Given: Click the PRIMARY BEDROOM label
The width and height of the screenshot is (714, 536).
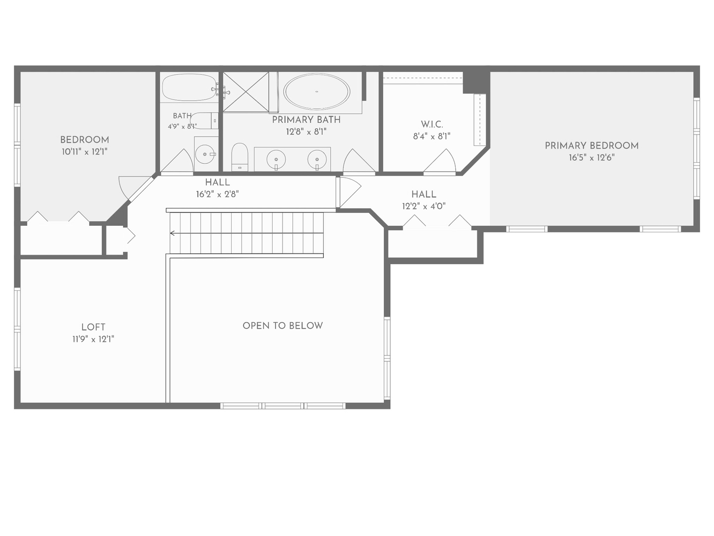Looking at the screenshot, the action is pyautogui.click(x=592, y=146).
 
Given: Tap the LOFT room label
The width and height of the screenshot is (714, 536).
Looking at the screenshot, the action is pyautogui.click(x=93, y=327).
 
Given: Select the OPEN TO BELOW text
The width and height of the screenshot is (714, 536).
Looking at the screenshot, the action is pyautogui.click(x=283, y=326).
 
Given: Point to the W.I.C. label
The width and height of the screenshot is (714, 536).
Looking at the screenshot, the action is pyautogui.click(x=432, y=124).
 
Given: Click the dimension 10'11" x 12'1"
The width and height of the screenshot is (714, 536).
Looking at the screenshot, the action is pyautogui.click(x=85, y=152).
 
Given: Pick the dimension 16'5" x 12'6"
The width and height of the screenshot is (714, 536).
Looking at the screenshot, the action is pyautogui.click(x=592, y=157).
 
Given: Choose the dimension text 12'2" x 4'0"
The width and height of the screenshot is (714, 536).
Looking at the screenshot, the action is pyautogui.click(x=424, y=206).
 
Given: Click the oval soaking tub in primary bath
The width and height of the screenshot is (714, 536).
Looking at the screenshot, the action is pyautogui.click(x=316, y=92).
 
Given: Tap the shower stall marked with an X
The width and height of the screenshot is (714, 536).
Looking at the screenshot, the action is pyautogui.click(x=246, y=92).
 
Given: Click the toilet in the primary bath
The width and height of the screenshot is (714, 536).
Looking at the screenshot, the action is pyautogui.click(x=239, y=157).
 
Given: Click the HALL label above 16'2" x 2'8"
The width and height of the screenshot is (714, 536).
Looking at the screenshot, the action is pyautogui.click(x=218, y=182).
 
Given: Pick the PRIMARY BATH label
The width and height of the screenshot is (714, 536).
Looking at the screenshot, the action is pyautogui.click(x=306, y=120).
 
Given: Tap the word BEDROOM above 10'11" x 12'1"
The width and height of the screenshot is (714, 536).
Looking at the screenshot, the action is pyautogui.click(x=85, y=140).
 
